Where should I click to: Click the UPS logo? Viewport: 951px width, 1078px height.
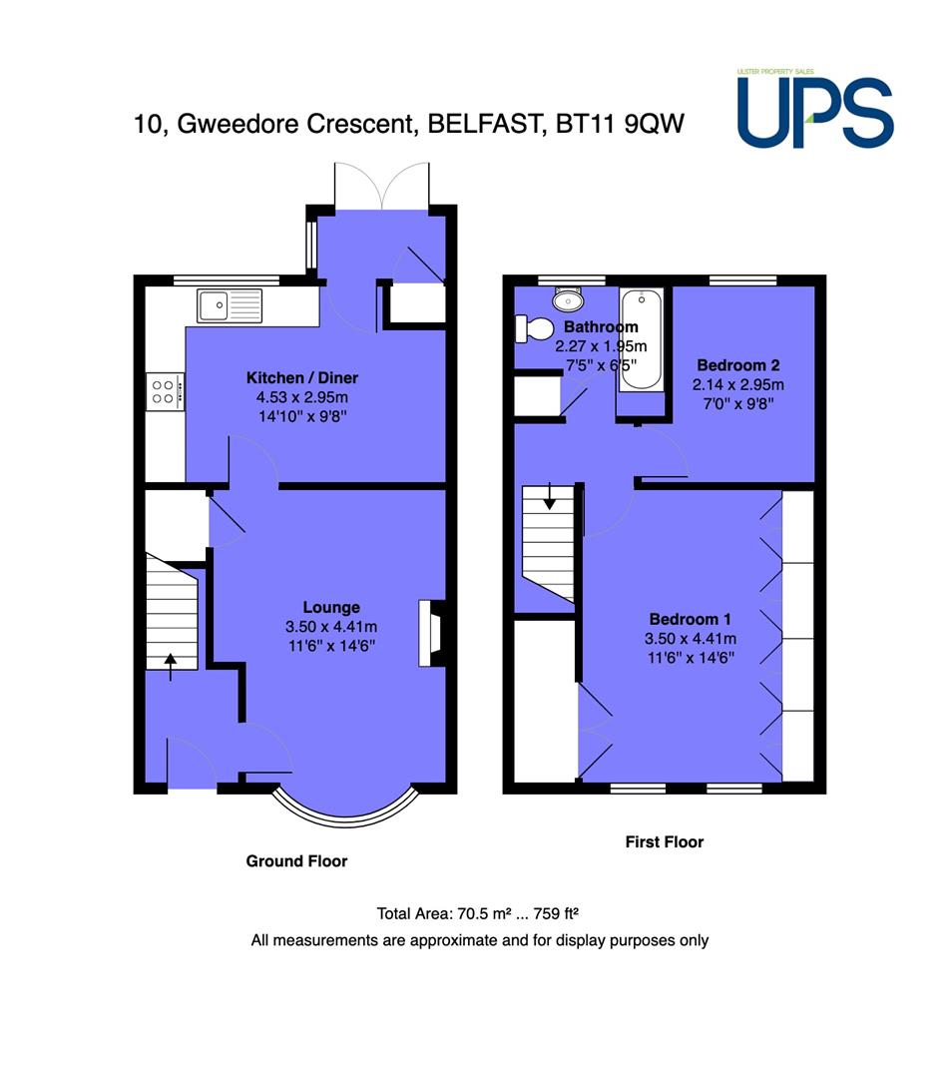pos(815,109)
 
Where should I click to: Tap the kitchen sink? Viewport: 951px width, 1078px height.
pos(231,306)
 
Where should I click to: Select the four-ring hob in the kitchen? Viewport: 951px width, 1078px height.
pos(165,392)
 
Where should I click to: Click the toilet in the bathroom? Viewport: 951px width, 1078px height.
pos(535,328)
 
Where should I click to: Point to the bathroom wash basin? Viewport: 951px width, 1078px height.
pos(568,299)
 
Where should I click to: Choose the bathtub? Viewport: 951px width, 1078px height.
pos(642,339)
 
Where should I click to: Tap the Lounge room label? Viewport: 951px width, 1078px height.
pos(331,607)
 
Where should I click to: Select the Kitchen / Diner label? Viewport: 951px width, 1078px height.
pos(302,377)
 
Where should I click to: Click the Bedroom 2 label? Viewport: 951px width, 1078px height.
pos(738,365)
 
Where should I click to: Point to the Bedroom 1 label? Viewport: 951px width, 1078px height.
pos(690,619)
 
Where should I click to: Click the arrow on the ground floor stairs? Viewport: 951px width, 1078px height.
pos(171,667)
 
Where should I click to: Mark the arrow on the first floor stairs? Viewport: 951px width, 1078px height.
pos(550,496)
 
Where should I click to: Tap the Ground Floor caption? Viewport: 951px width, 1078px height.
pos(296,860)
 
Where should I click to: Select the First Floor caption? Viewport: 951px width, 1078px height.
pos(665,841)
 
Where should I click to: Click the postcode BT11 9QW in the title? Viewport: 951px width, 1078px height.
pos(620,124)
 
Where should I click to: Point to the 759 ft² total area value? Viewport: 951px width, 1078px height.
pos(556,913)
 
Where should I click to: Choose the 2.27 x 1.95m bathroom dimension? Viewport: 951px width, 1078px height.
pos(602,345)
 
